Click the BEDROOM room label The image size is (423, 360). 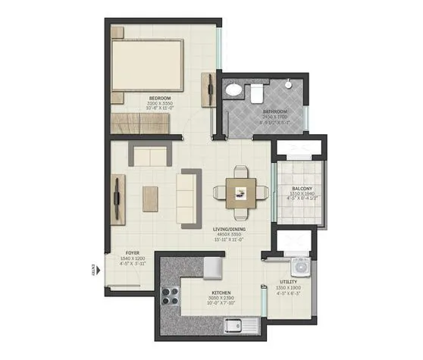(x=159, y=98)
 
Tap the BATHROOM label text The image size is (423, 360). (x=274, y=112)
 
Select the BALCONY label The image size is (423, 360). (x=292, y=188)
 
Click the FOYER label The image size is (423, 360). (x=133, y=254)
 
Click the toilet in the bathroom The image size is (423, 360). (x=256, y=92)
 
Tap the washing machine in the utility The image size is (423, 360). (x=302, y=266)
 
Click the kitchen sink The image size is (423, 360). (x=242, y=327)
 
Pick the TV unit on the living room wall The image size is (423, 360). (x=118, y=198)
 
